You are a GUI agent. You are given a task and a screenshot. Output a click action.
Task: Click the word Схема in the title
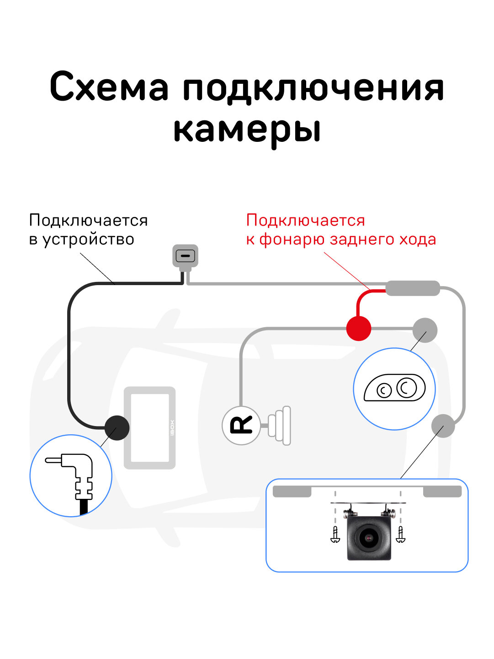109,87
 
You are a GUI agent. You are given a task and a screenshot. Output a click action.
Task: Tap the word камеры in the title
247,130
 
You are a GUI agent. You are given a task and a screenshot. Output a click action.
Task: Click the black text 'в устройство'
81,239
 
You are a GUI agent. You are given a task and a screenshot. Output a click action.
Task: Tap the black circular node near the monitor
117,428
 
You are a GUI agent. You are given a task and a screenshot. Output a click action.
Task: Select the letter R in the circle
241,425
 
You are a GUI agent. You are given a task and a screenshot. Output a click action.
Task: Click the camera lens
368,537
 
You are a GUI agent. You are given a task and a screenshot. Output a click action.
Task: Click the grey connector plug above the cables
185,255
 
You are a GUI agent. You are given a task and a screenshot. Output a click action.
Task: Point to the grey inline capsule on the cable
413,288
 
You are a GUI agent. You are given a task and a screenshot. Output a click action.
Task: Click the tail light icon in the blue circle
394,389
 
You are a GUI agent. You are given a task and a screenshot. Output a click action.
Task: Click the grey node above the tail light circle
425,330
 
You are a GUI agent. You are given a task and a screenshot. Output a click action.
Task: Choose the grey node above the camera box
443,426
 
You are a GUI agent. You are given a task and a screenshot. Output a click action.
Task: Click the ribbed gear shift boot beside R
280,425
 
